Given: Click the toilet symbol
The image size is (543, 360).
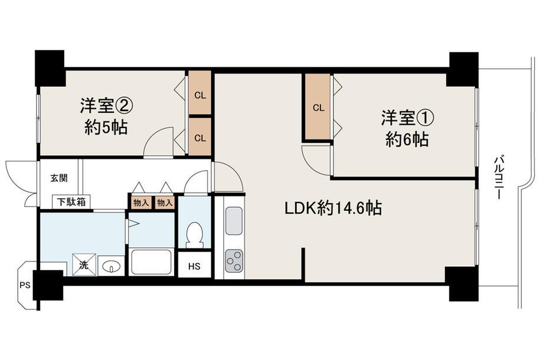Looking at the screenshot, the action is click(x=194, y=234).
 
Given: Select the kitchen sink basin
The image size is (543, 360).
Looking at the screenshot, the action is click(x=234, y=221).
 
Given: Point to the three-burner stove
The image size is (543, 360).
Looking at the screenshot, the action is click(x=234, y=261).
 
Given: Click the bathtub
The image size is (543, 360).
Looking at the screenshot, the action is click(x=151, y=261).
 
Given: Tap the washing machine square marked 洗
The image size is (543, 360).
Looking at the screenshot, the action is click(x=84, y=265).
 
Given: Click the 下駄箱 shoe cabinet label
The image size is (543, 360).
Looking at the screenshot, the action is click(x=71, y=202).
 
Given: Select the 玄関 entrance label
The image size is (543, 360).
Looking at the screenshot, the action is click(x=59, y=178).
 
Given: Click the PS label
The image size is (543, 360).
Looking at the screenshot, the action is click(x=25, y=286).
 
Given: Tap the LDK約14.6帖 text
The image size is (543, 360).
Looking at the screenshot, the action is click(x=333, y=208).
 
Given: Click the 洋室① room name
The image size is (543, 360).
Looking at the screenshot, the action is click(x=408, y=118).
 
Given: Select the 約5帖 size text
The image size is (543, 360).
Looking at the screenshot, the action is click(x=106, y=127).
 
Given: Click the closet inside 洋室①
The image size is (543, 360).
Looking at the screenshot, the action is click(x=318, y=107).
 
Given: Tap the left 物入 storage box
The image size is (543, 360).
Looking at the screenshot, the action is click(x=141, y=202).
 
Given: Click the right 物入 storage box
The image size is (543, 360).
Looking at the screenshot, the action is click(x=165, y=202).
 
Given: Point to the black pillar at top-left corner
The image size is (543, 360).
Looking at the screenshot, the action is click(x=50, y=68).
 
